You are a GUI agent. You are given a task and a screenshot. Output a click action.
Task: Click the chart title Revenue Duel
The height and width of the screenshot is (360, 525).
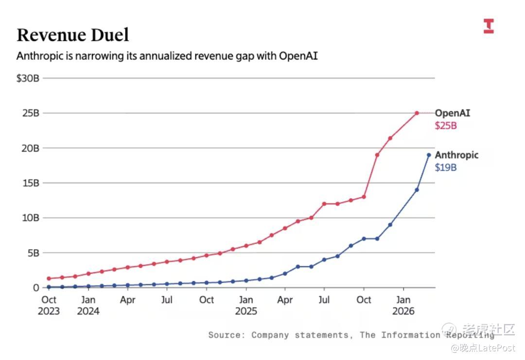[73, 35]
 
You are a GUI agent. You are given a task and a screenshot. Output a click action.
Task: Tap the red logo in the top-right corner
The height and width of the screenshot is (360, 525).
[489, 26]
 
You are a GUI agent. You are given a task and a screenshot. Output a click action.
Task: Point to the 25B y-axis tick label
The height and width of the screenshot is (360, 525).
[30, 113]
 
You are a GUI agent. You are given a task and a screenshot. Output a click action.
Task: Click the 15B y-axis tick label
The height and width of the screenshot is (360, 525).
[30, 183]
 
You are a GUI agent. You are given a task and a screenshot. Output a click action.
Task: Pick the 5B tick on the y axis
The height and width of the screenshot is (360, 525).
[32, 252]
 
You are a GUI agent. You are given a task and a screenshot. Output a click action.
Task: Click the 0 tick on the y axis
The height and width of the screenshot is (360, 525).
[36, 288]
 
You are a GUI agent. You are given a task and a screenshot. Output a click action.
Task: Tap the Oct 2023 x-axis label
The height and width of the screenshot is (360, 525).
[49, 305]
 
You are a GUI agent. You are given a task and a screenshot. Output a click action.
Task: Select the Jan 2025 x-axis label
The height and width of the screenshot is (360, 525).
[246, 305]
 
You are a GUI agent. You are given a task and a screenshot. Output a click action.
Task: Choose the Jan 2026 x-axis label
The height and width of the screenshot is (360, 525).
[403, 305]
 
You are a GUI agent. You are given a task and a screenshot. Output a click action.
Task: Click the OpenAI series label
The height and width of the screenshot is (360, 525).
[452, 113]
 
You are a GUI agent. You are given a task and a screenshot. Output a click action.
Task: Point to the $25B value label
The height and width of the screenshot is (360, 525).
[446, 126]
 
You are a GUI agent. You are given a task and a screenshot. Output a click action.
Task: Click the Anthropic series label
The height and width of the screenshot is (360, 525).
[456, 155]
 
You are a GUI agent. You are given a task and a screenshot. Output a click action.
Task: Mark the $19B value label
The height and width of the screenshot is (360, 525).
[446, 168]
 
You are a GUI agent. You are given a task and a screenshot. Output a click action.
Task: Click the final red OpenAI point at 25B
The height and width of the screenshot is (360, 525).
[417, 113]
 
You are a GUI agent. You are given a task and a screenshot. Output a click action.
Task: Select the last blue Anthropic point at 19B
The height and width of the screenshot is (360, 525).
[429, 155]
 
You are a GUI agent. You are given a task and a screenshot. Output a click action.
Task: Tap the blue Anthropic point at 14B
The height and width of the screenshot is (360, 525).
[417, 190]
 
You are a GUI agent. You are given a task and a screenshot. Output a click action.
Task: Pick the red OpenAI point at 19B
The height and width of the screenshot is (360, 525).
[377, 155]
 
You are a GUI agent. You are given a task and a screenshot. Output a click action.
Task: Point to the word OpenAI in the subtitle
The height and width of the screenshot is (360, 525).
[298, 56]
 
